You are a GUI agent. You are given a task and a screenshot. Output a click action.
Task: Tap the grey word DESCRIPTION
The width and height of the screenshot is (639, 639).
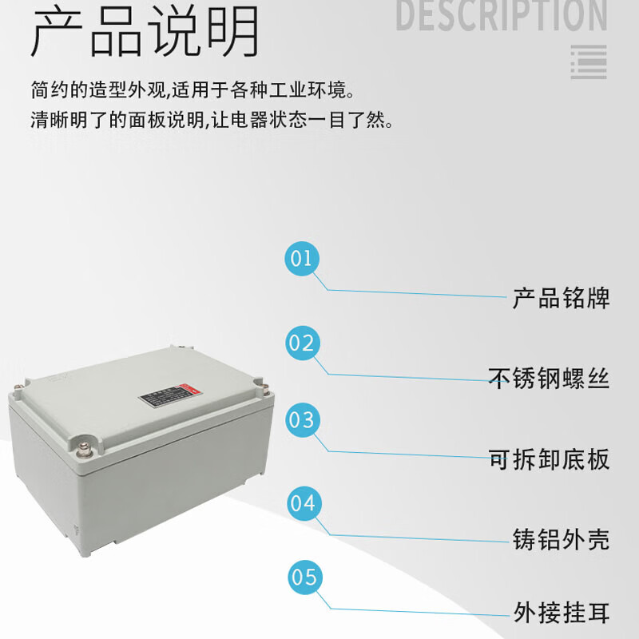click(502, 16)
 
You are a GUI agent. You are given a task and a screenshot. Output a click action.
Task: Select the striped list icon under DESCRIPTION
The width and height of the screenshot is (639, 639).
click(589, 62)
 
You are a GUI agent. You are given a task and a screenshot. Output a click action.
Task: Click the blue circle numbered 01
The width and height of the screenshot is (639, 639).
click(302, 258)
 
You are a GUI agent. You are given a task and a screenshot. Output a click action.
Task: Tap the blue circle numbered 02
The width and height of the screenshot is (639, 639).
click(302, 343)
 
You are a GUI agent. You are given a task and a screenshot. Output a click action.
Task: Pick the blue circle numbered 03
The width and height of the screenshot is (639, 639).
click(302, 419)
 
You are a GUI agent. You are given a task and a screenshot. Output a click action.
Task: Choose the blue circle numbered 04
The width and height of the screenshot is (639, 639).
click(302, 503)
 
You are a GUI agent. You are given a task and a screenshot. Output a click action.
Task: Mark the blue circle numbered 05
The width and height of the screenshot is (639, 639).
click(302, 577)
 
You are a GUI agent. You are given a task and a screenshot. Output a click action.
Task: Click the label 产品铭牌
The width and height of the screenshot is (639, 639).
click(561, 298)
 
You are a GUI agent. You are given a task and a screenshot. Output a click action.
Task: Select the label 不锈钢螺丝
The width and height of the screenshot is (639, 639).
click(549, 378)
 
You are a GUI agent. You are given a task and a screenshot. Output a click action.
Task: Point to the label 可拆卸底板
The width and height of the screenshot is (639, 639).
click(549, 459)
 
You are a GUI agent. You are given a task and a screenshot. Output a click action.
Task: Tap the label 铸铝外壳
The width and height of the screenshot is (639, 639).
click(561, 539)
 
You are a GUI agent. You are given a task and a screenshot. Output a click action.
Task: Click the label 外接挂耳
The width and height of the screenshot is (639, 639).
click(561, 613)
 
